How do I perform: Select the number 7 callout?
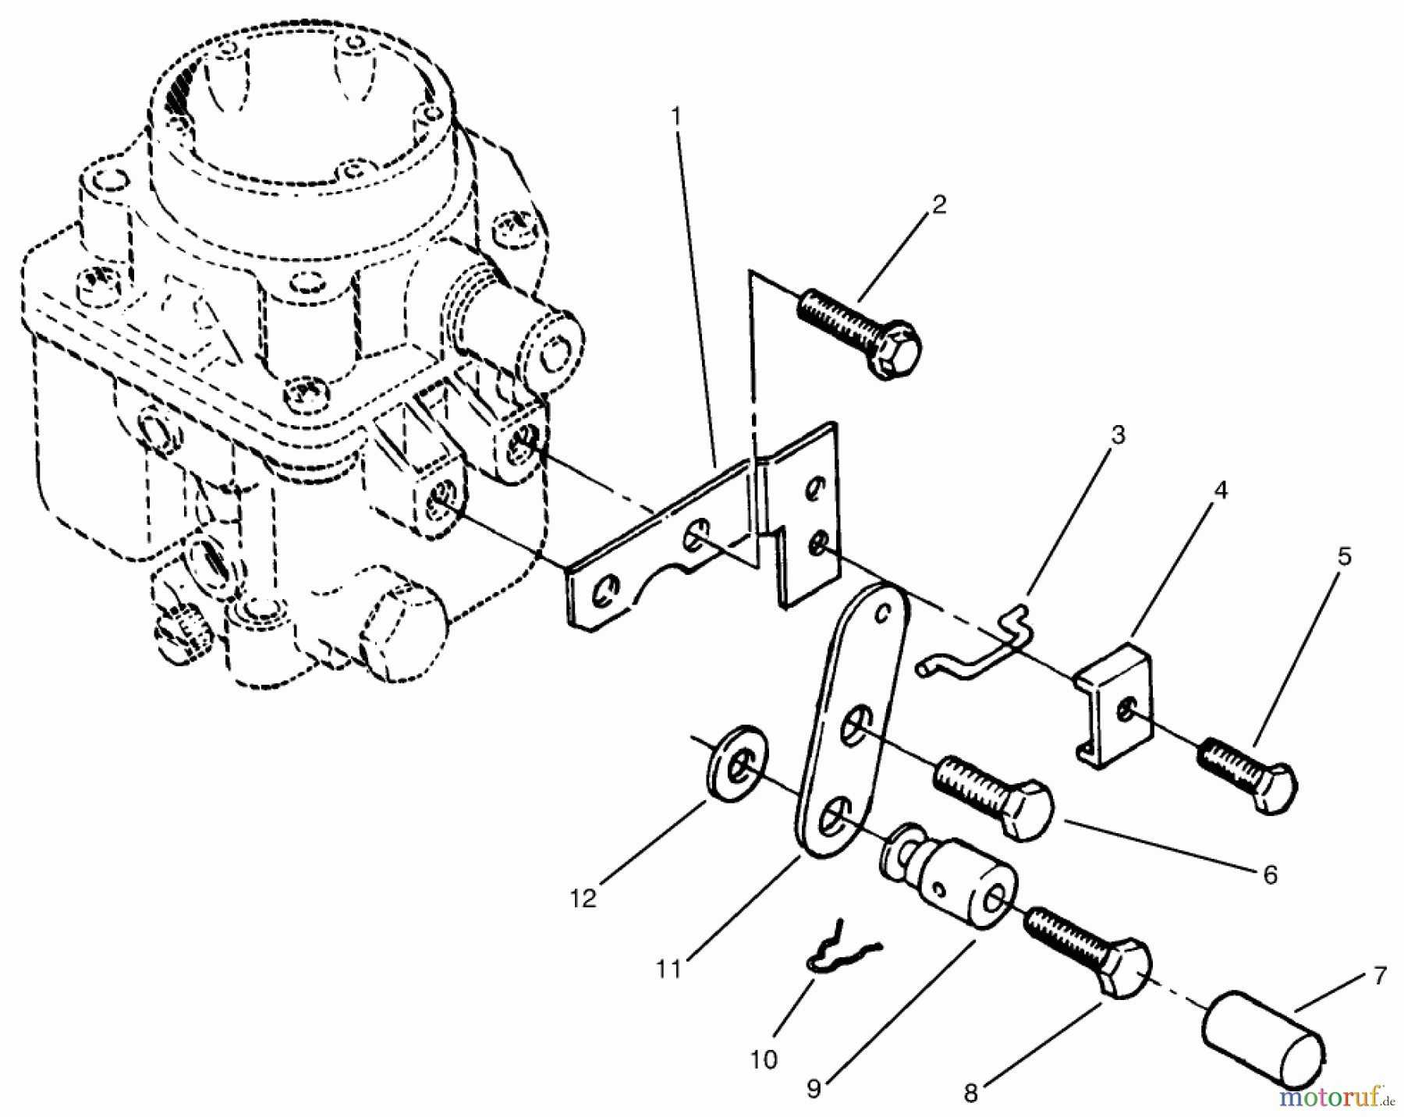coord(1380,976)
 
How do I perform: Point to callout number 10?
coord(764,1060)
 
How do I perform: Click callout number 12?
coord(583,898)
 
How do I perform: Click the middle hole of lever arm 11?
coord(853,724)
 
